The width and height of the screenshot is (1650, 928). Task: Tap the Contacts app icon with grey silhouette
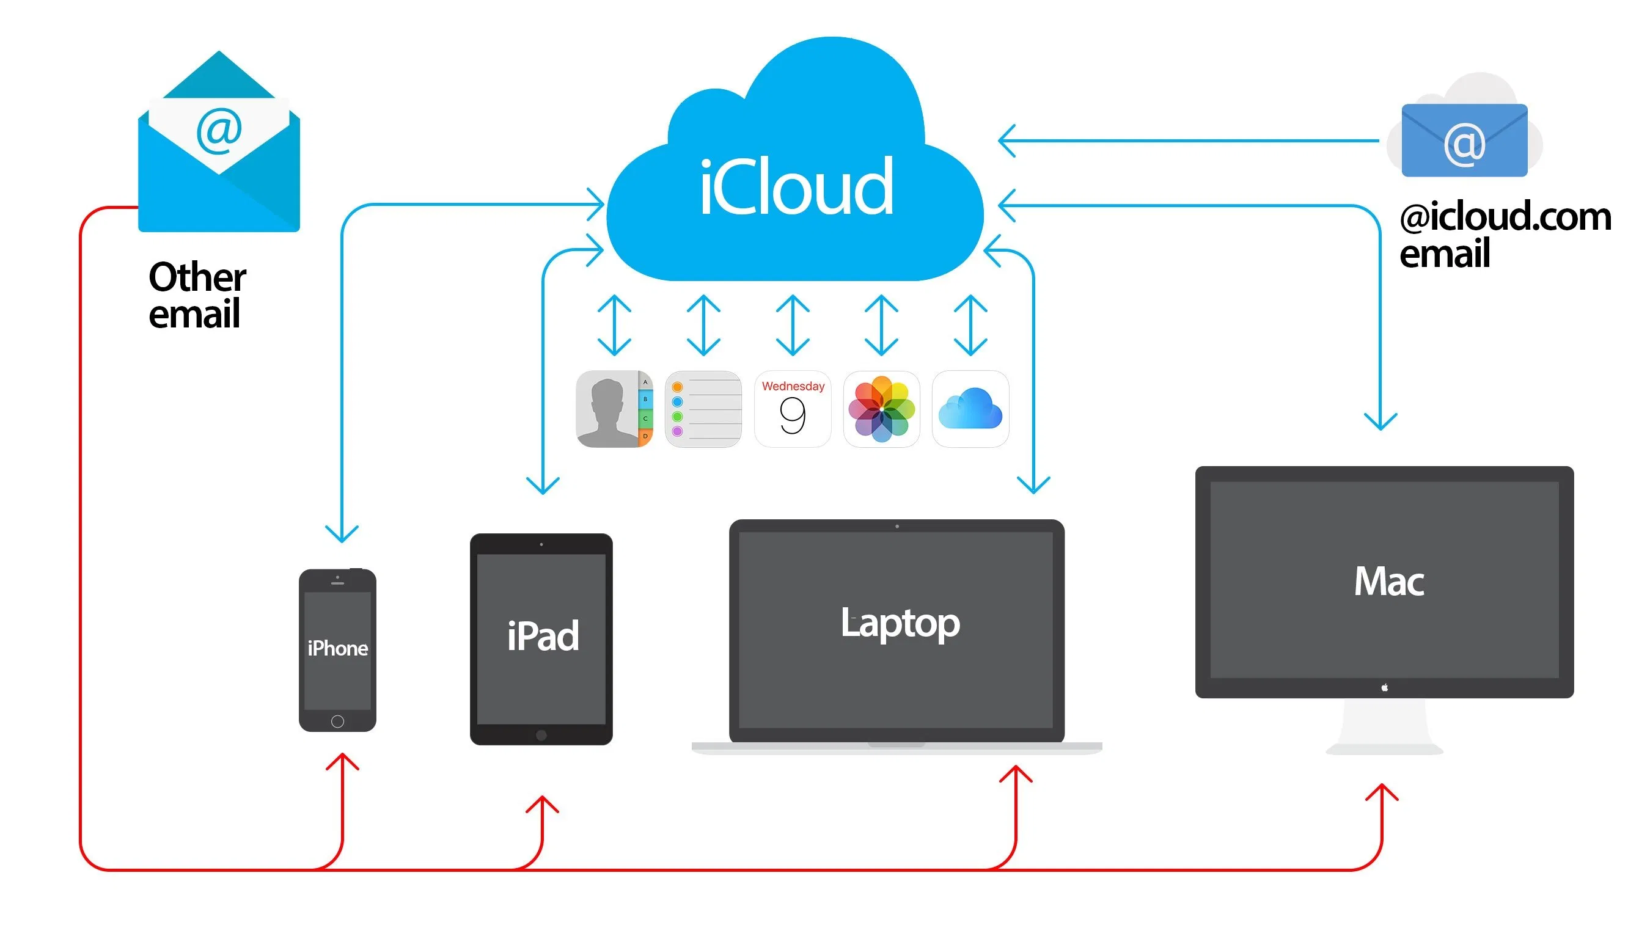614,409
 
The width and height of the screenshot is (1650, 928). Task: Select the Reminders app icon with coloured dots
703,409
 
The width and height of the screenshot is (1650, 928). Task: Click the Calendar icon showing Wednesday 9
793,409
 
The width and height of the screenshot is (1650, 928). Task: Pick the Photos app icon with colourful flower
881,409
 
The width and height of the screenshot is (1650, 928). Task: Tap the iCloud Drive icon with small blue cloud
970,409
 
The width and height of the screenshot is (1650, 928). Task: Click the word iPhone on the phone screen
337,648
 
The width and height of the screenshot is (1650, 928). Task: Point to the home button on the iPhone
337,722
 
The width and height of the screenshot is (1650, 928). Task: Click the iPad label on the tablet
543,636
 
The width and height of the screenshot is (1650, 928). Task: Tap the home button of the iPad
541,734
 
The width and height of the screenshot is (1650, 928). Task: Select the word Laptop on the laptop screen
900,623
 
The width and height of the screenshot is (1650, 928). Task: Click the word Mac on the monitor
1388,582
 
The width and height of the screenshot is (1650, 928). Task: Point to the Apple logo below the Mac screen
1384,688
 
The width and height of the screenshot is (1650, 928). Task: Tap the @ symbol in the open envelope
219,131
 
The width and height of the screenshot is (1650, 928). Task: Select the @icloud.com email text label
1504,234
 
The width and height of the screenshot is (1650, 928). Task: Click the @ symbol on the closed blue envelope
1464,144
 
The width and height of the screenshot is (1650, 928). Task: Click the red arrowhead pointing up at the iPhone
342,761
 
